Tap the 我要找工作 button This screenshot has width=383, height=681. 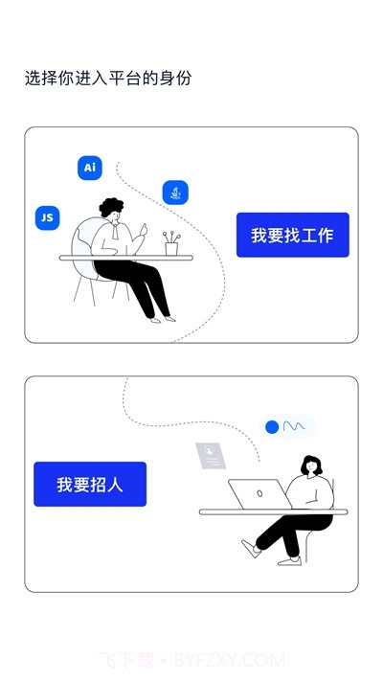coord(292,235)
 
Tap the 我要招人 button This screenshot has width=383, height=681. coord(90,484)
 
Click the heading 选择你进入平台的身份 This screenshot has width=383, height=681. coord(108,79)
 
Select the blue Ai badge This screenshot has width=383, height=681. coord(90,168)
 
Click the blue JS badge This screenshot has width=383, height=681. coord(46,217)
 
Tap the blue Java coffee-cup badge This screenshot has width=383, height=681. coord(175,193)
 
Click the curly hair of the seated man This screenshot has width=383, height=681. coord(111,208)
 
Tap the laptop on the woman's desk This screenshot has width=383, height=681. coord(258,494)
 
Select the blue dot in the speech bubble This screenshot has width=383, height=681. coord(272,426)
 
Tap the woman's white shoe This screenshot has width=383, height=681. coord(251,549)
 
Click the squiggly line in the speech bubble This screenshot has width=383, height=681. coord(294,425)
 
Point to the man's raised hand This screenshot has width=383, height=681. coord(146,231)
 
